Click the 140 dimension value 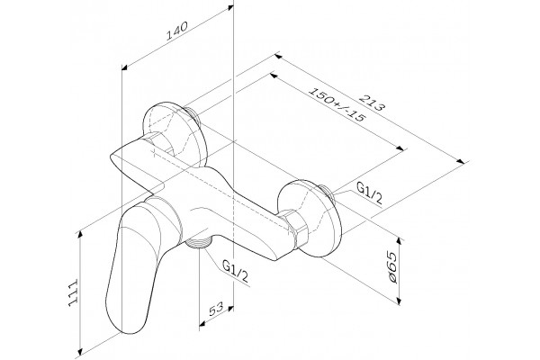[177, 31]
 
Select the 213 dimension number [372, 103]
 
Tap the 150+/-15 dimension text [336, 104]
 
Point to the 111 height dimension [74, 292]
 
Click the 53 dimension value [216, 309]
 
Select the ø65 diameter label [391, 268]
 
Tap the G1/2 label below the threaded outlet [235, 271]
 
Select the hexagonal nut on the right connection [296, 228]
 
